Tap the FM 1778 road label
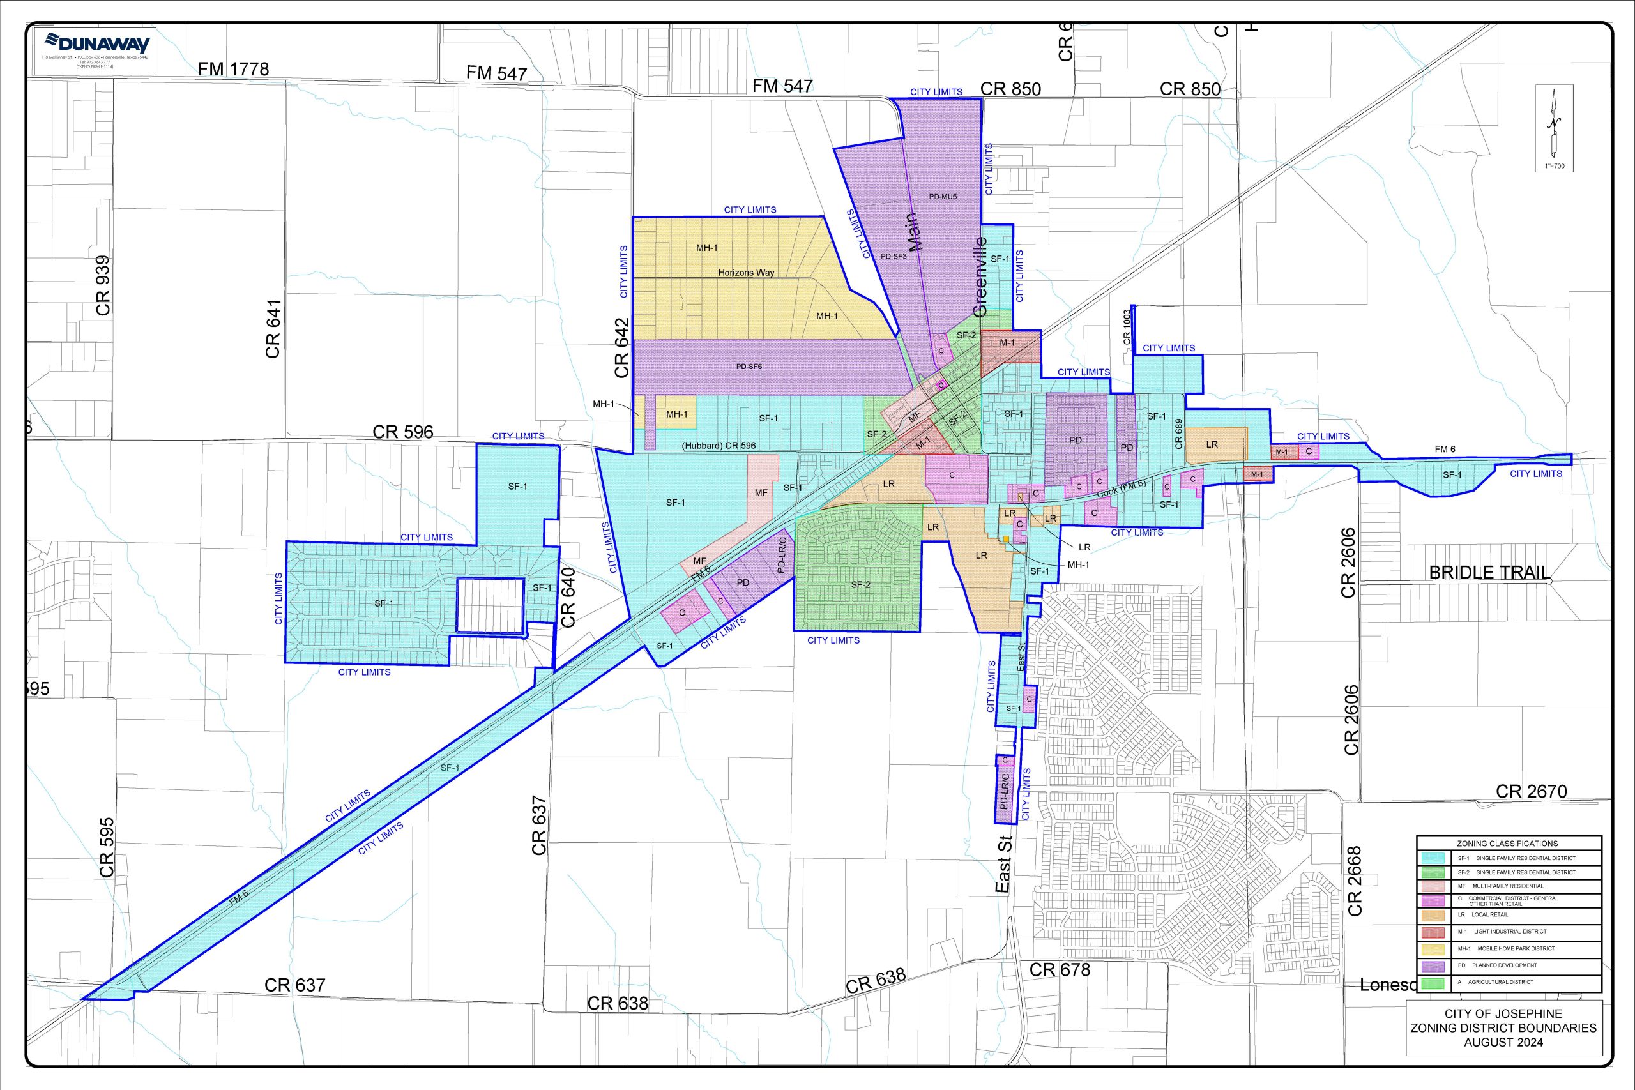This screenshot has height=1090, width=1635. pyautogui.click(x=233, y=69)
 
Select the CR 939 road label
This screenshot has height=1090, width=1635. pyautogui.click(x=103, y=285)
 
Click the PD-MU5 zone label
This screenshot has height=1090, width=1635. pyautogui.click(x=943, y=197)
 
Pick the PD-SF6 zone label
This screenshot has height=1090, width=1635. pyautogui.click(x=749, y=367)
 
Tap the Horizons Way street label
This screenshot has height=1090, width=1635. pyautogui.click(x=746, y=273)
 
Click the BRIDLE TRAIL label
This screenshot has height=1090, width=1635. pyautogui.click(x=1488, y=573)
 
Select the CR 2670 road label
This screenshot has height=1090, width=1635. pyautogui.click(x=1531, y=791)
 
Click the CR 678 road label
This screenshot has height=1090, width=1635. pyautogui.click(x=1060, y=970)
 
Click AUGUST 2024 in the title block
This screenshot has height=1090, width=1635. pyautogui.click(x=1503, y=1042)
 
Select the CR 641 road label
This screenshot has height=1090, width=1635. pyautogui.click(x=273, y=329)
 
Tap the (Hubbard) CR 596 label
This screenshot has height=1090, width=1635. pyautogui.click(x=718, y=446)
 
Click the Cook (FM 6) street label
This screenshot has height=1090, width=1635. pyautogui.click(x=1121, y=488)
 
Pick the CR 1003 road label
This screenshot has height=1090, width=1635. pyautogui.click(x=1127, y=327)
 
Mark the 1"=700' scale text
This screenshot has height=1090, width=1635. pyautogui.click(x=1555, y=166)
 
